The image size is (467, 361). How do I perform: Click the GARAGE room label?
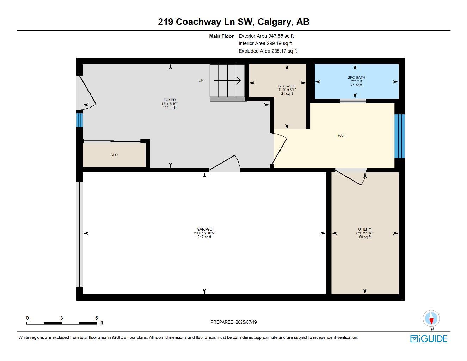pos(204,229)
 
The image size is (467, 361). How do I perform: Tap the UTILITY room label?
pos(365,229)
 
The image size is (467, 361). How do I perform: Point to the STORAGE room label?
pos(287,86)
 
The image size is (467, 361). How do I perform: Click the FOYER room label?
pos(169,100)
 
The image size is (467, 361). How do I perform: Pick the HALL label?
pos(342,136)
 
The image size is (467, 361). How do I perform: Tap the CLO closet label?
pos(114,155)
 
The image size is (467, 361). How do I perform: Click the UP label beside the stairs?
pos(201,80)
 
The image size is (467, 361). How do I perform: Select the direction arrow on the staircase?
pos(228,81)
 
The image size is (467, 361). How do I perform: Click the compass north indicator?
pos(431,319)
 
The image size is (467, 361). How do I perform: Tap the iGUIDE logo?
pos(429,339)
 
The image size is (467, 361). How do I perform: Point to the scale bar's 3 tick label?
pos(61,318)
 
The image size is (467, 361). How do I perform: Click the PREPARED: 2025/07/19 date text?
pos(233,322)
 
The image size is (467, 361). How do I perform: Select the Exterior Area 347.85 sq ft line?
pos(266,36)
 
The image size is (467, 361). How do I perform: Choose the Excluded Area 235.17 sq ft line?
pos(268,51)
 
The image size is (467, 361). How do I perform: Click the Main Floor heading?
pos(221,36)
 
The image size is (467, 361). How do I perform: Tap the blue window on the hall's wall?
pos(399,136)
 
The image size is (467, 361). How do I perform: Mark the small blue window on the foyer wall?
pos(80,120)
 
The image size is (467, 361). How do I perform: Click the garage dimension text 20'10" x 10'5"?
pos(204,233)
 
